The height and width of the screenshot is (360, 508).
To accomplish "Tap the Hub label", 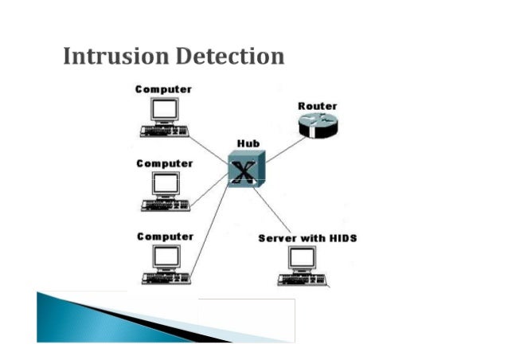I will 248,143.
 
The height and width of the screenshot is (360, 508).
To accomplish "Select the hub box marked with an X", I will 246,169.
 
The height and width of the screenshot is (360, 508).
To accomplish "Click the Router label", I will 317,106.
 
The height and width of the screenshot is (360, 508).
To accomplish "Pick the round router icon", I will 318,126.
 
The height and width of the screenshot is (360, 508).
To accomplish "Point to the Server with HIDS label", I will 307,238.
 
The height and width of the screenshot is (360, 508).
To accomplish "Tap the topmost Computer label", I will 164,89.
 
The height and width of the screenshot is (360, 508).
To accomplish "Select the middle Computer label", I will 164,163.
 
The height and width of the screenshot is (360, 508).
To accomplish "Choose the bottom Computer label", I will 164,237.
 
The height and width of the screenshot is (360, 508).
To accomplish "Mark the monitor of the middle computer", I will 166,183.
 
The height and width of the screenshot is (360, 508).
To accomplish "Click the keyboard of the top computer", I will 166,130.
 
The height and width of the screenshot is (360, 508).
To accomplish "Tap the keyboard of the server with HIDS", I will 303,280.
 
